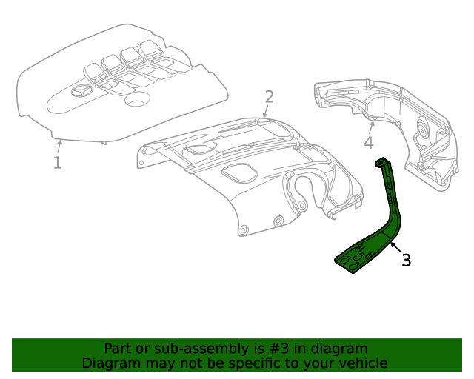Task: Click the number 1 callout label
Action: click(57, 162)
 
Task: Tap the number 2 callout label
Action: click(269, 97)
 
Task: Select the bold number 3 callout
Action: click(406, 260)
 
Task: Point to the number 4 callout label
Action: click(368, 143)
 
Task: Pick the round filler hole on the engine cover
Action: click(137, 99)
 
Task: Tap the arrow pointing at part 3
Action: click(393, 248)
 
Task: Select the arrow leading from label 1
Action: click(59, 145)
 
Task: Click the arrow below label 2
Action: click(265, 112)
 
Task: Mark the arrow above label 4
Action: click(372, 124)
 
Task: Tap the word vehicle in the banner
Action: click(360, 363)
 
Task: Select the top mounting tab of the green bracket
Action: click(383, 161)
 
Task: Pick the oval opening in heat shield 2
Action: click(238, 174)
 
